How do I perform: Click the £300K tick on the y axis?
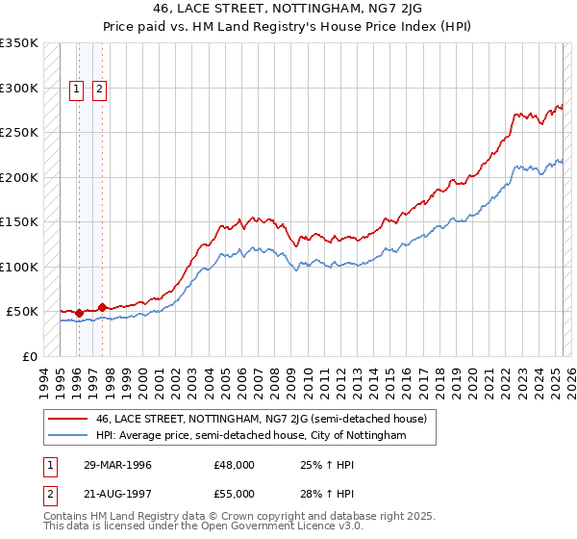pyautogui.click(x=19, y=88)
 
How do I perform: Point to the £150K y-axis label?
pyautogui.click(x=19, y=222)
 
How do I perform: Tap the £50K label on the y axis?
pyautogui.click(x=23, y=312)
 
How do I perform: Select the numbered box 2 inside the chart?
pyautogui.click(x=100, y=90)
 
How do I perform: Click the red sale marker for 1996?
pyautogui.click(x=79, y=313)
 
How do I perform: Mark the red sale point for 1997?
pyautogui.click(x=102, y=307)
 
